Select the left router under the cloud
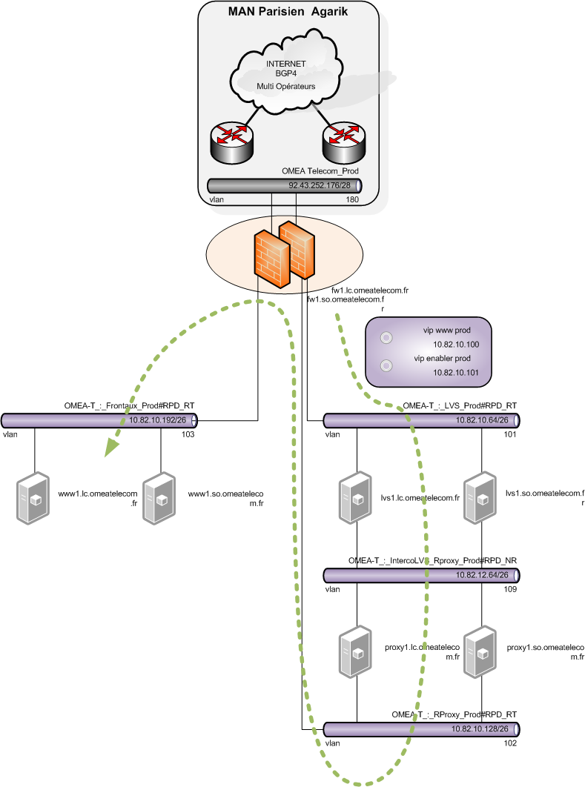[231, 141]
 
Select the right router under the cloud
[343, 141]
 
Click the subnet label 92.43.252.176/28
[318, 185]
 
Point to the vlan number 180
[352, 199]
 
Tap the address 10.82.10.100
[456, 345]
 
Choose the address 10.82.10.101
[456, 373]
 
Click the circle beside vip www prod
[386, 338]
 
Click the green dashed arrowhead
[111, 446]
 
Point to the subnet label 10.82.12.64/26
[482, 574]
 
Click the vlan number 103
[188, 434]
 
